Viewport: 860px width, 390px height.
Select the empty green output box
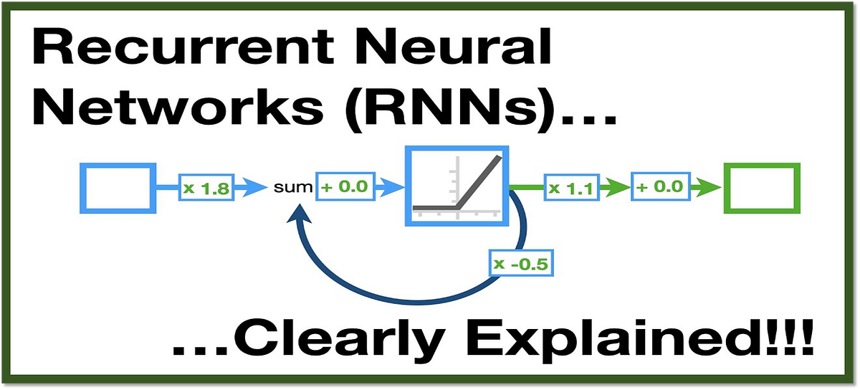(761, 188)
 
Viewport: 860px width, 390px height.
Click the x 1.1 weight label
(568, 189)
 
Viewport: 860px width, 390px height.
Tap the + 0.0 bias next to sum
(344, 189)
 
